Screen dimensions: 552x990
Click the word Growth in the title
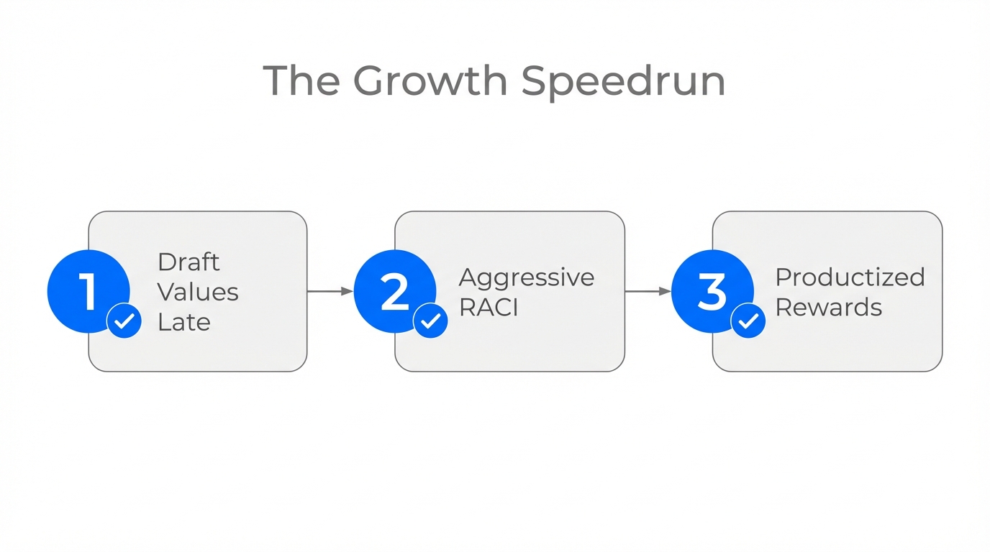[x=430, y=80]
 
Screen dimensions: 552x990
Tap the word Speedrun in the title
[x=623, y=82]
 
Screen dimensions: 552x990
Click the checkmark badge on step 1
[x=124, y=321]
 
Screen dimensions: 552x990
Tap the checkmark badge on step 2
[x=430, y=321]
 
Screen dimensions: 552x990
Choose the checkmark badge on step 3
[x=748, y=321]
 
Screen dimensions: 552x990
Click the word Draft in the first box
[x=189, y=262]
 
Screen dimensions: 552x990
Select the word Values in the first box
[x=198, y=292]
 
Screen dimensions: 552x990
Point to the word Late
[x=184, y=322]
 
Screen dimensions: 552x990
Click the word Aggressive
[x=527, y=277]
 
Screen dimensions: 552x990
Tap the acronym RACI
[x=489, y=308]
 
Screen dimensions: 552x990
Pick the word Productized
[x=850, y=277]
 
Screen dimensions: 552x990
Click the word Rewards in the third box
[x=828, y=308]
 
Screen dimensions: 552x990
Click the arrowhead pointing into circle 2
[x=348, y=291]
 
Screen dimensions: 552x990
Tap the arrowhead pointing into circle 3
[x=666, y=291]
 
